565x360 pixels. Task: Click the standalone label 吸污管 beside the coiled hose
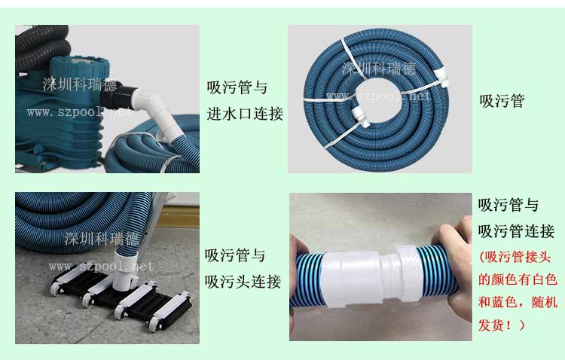click(502, 101)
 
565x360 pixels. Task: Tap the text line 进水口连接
click(245, 114)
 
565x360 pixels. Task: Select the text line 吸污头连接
click(243, 282)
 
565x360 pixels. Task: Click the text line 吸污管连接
click(516, 231)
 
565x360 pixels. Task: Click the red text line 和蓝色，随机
click(518, 302)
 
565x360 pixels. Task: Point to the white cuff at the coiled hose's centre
click(360, 116)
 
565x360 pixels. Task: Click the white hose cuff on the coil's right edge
click(441, 77)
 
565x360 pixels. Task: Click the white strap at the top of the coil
click(351, 58)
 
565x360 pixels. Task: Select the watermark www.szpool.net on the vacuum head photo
click(101, 267)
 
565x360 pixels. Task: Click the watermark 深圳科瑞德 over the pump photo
click(80, 84)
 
